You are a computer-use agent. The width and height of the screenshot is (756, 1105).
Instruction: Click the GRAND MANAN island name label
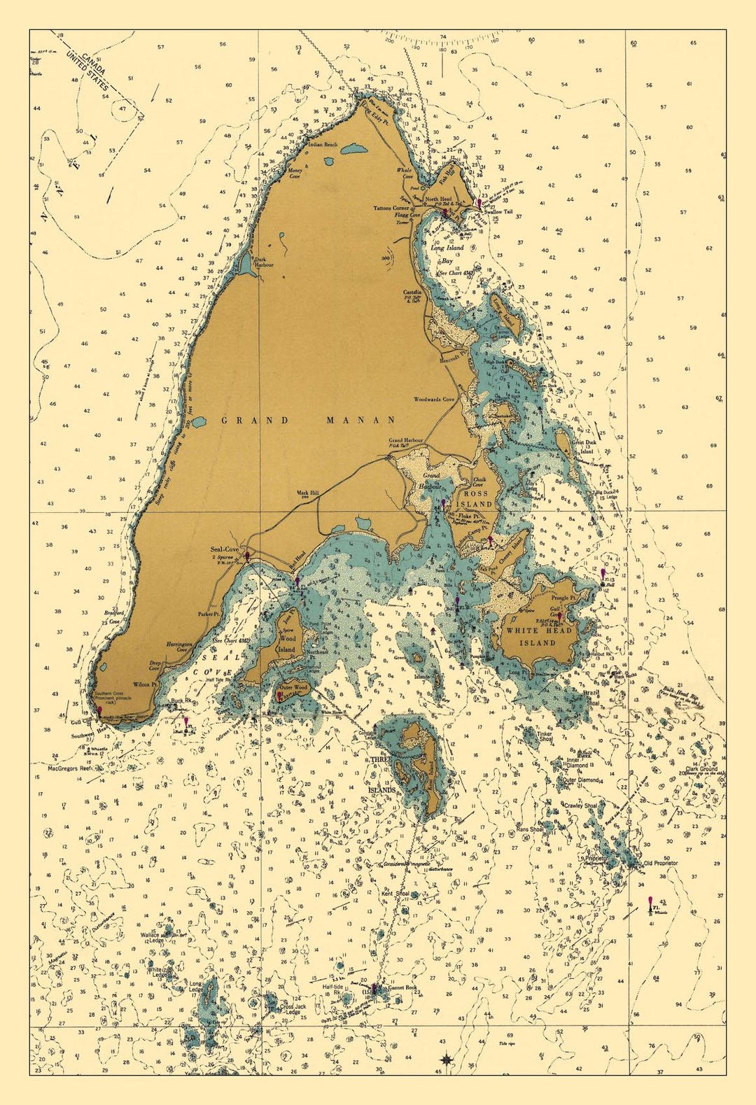(x=309, y=420)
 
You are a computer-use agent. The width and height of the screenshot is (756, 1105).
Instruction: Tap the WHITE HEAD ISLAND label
(x=538, y=636)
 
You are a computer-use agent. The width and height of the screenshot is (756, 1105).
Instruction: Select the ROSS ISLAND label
(x=475, y=498)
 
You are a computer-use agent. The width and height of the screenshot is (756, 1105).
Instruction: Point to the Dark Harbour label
(x=264, y=262)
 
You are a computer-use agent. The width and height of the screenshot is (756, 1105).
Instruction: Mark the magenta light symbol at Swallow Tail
(x=479, y=202)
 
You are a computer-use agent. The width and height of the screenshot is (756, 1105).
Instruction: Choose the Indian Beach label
(x=323, y=145)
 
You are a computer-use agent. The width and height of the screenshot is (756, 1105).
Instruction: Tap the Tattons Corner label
(x=391, y=208)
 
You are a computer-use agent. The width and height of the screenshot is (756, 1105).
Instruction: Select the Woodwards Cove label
(x=434, y=400)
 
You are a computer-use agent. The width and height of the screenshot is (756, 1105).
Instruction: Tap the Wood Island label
(x=287, y=644)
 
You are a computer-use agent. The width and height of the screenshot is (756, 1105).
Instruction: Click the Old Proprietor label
(x=661, y=863)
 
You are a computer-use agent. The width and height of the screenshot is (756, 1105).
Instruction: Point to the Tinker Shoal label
(x=546, y=736)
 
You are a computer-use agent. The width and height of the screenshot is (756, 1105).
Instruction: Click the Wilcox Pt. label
(x=143, y=684)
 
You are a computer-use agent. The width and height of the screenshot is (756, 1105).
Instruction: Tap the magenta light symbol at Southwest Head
(x=99, y=710)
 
